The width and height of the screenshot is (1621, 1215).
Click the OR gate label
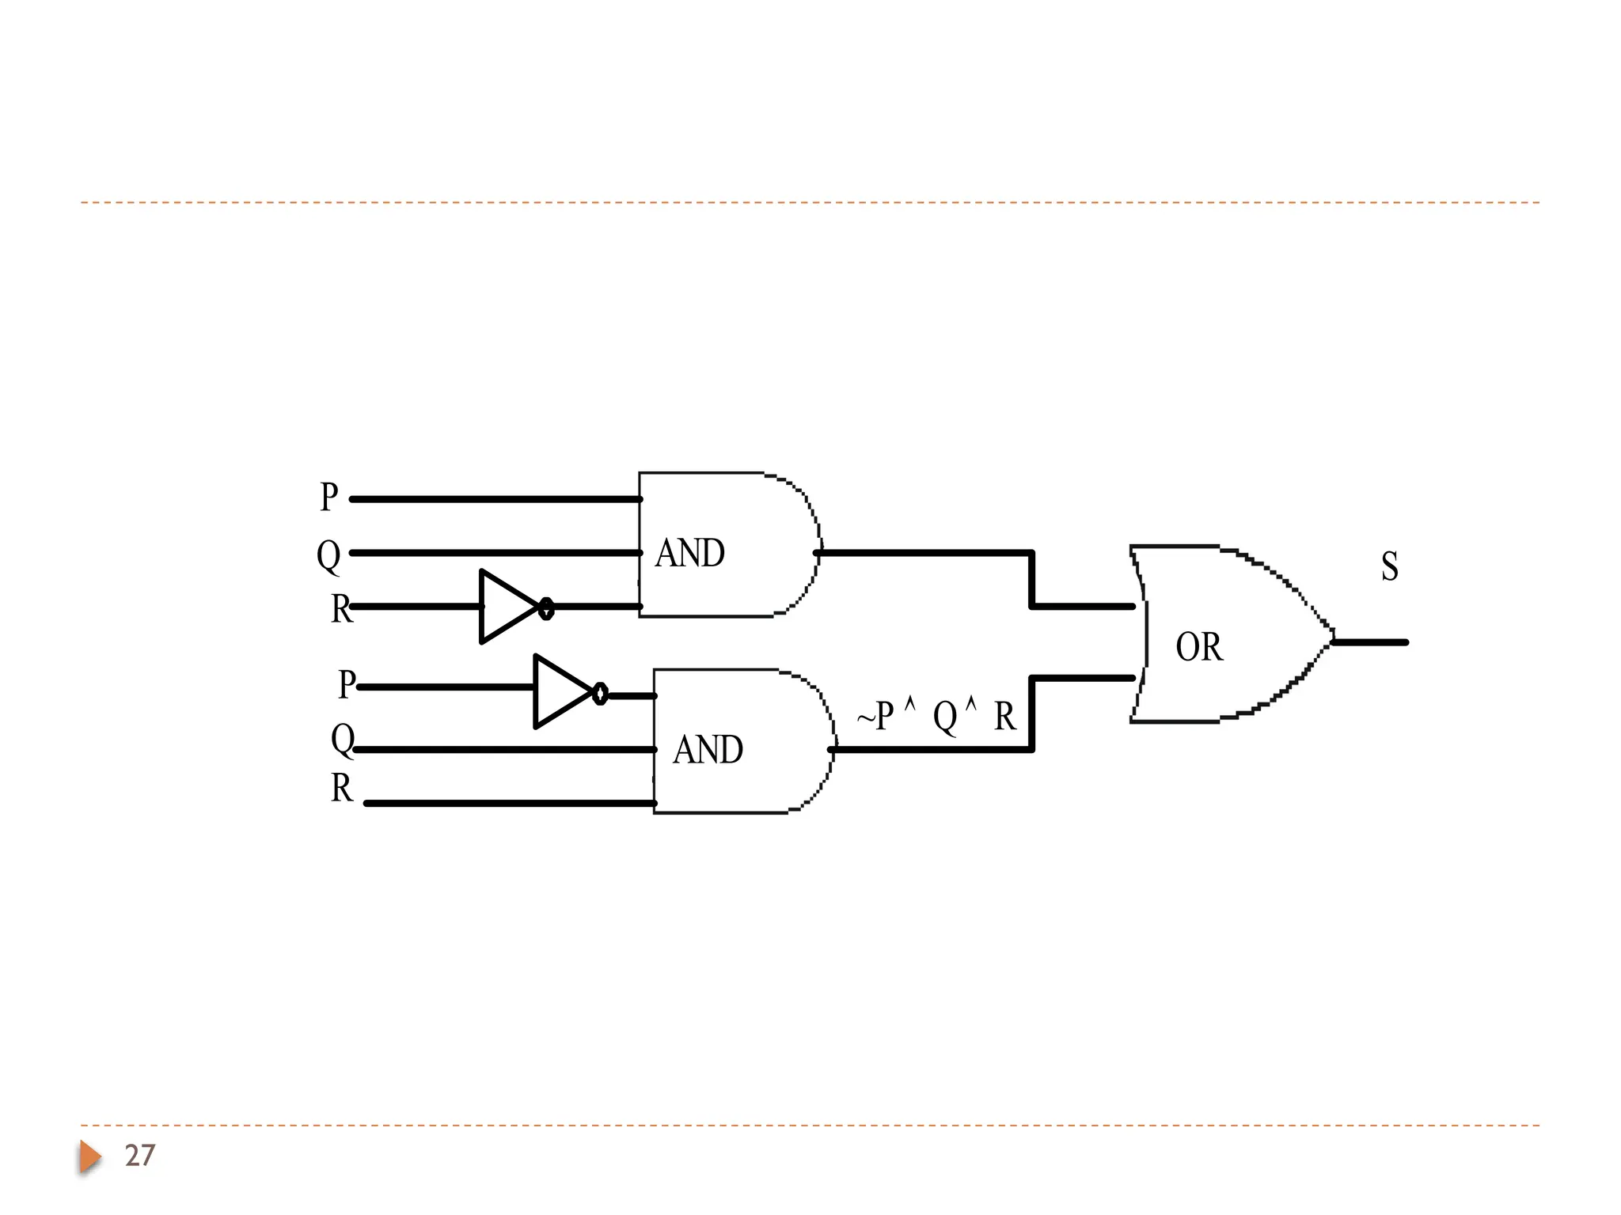[1198, 647]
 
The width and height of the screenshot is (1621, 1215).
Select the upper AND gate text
[689, 553]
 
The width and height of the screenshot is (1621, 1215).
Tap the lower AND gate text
[708, 750]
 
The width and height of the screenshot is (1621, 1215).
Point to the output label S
[1389, 566]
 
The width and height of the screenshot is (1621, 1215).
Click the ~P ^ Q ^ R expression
[936, 716]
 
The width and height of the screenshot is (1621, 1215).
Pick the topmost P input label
[328, 497]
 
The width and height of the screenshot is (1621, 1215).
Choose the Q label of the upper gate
[328, 555]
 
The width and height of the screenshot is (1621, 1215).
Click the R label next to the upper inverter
[341, 609]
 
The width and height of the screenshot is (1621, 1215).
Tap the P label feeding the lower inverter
[347, 684]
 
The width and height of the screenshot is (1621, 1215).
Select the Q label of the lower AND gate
[342, 740]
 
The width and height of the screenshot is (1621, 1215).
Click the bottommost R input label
[341, 788]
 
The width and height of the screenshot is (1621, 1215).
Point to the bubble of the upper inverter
[546, 608]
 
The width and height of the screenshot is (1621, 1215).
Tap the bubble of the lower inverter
[600, 694]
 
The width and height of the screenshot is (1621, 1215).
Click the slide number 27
[140, 1156]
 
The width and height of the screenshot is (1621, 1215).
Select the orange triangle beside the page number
[89, 1156]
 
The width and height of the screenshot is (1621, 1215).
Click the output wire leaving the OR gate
[1371, 642]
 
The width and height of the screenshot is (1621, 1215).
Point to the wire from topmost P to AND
[495, 499]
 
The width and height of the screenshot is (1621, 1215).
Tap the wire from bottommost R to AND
[510, 804]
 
